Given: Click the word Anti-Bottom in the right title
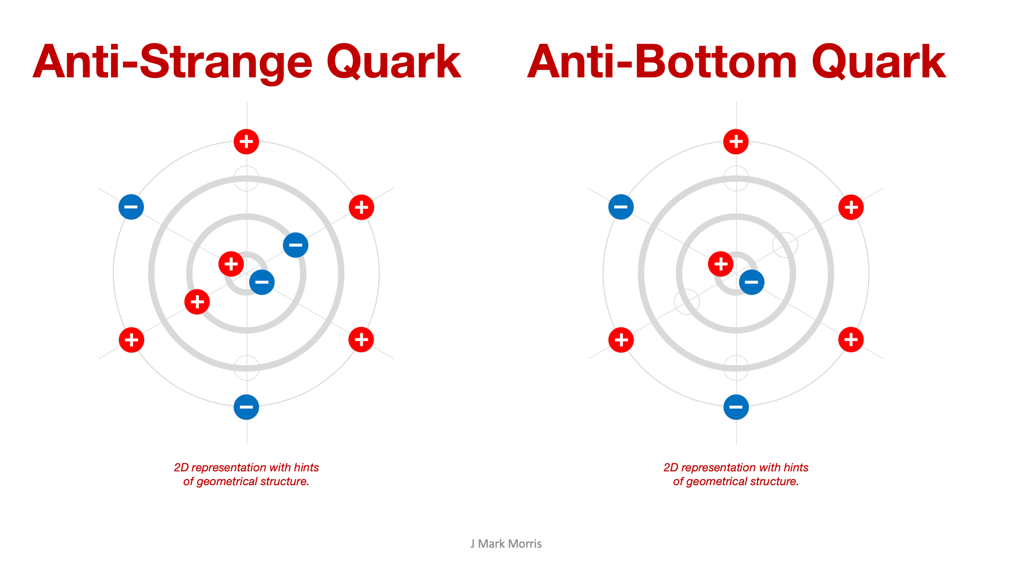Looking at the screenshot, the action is coord(662,62).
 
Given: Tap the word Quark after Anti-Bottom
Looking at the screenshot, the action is coord(879,62).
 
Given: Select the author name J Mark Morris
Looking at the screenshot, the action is coord(506,544).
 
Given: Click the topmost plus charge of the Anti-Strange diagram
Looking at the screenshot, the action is coord(246,142).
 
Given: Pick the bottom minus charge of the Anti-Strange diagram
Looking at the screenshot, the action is coord(246,407).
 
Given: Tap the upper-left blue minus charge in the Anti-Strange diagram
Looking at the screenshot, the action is coord(131,207).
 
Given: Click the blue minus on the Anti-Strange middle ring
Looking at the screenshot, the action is coord(295,245).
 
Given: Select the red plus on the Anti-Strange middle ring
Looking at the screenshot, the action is coord(197,302).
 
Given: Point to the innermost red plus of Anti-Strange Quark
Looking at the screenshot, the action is coord(231,264).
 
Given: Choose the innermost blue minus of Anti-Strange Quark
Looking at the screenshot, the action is coord(262,282).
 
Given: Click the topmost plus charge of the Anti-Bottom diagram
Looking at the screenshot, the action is coord(736,142).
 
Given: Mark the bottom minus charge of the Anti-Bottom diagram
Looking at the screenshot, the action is coord(736,407).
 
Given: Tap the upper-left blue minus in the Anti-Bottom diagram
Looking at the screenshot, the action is coord(621,207).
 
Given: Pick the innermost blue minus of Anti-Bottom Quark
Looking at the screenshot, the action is coord(752,282).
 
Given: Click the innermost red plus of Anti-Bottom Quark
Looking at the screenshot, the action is coord(721,264).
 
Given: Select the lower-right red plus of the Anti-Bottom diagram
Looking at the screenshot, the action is coord(851,340).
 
